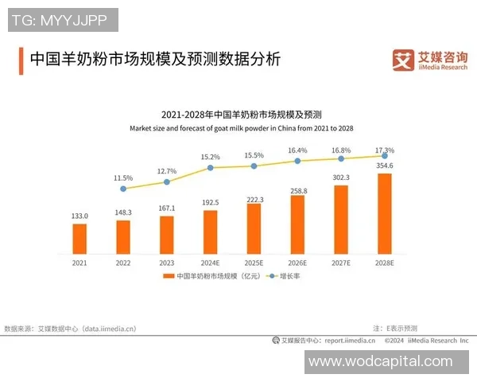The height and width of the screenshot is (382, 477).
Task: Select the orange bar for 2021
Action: pyautogui.click(x=79, y=237)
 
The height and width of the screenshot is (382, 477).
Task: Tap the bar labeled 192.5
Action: pyautogui.click(x=211, y=231)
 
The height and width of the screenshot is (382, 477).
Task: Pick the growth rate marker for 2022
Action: pyautogui.click(x=122, y=189)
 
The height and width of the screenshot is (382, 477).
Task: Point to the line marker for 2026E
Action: pyautogui.click(x=297, y=161)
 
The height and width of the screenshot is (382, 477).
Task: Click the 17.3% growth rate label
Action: pyautogui.click(x=384, y=150)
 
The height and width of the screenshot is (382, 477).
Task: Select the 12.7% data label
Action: pyautogui.click(x=167, y=171)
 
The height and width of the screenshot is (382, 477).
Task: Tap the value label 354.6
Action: pyautogui.click(x=385, y=165)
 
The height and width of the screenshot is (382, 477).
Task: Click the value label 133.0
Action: pyautogui.click(x=79, y=216)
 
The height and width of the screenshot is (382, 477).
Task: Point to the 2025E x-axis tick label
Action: pyautogui.click(x=254, y=262)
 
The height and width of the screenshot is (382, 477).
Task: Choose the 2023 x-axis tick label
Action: pyautogui.click(x=167, y=262)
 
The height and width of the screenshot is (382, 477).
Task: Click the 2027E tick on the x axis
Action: pyautogui.click(x=341, y=262)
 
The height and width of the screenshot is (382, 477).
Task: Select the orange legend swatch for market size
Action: pyautogui.click(x=168, y=276)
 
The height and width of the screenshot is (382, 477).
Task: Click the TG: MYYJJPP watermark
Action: pyautogui.click(x=63, y=18)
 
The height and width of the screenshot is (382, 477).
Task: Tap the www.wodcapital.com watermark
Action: pyautogui.click(x=380, y=361)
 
